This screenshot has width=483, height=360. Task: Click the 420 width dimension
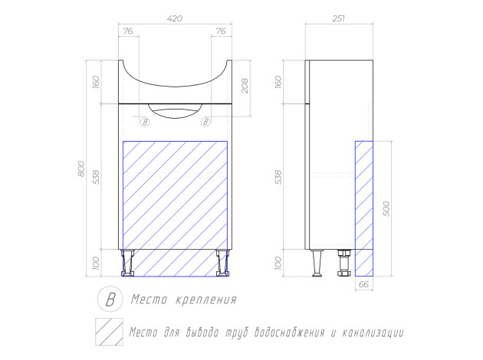pos(175,19)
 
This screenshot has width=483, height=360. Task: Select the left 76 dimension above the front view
pos(128,31)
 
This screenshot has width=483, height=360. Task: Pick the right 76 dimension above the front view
pos(221,31)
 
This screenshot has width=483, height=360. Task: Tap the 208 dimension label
pos(245,86)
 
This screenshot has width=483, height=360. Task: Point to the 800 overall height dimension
pos(81,169)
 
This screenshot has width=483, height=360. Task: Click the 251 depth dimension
pos(338,19)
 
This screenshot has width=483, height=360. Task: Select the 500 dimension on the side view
pos(386,208)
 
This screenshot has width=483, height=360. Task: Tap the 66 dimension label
pos(364,284)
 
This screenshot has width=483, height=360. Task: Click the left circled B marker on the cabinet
pos(145,122)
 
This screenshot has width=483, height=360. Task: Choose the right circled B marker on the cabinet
pos(205,122)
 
